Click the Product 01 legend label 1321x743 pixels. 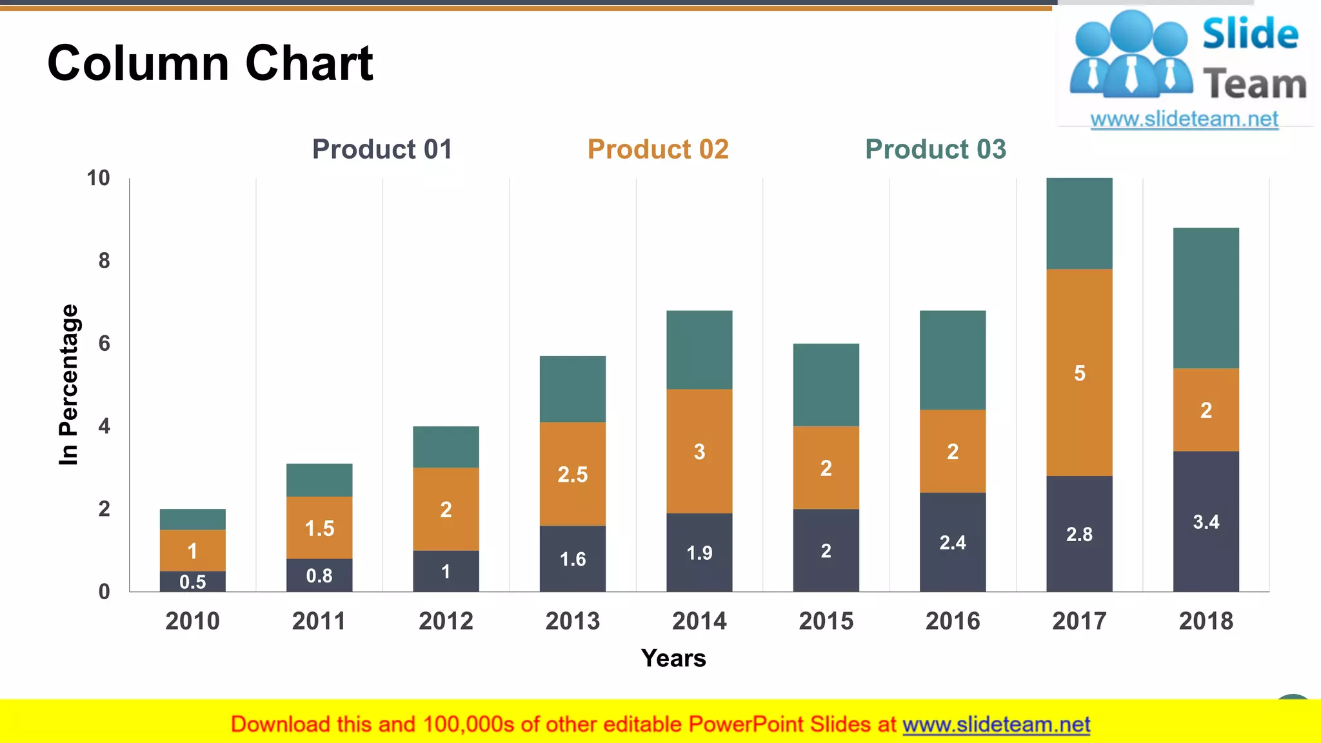tap(382, 149)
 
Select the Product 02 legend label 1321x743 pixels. tap(658, 149)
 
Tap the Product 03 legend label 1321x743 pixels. tap(935, 149)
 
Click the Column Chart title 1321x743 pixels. tap(210, 63)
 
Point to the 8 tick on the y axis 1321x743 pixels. tap(104, 261)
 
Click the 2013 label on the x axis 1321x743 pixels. tap(572, 621)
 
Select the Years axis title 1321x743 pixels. tap(673, 658)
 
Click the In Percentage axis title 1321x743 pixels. tap(68, 384)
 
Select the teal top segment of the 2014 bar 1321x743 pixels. tap(699, 350)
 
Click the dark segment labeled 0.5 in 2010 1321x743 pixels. tap(193, 582)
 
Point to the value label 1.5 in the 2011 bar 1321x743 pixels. tap(319, 528)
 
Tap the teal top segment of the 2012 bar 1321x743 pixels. tap(446, 446)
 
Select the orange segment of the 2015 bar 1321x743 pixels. tap(826, 468)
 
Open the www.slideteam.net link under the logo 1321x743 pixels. tap(1184, 119)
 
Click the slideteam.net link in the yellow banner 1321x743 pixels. tap(996, 724)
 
